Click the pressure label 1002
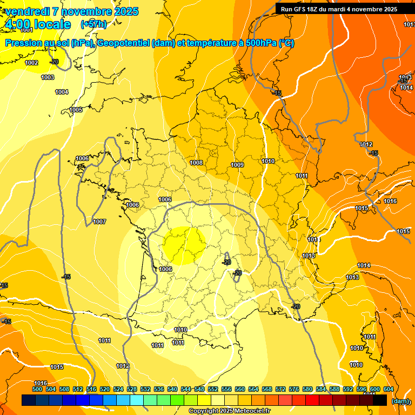point(31,63)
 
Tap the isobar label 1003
point(48,78)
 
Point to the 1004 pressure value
point(62,92)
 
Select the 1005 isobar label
point(76,110)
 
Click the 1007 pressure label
point(99,222)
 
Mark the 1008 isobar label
point(196,163)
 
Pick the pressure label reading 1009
point(237,165)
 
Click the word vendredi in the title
point(27,11)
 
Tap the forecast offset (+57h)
point(93,24)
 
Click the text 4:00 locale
point(38,24)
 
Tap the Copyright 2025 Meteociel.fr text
point(230,411)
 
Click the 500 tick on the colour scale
point(37,389)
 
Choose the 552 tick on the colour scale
point(213,389)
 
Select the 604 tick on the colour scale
point(389,389)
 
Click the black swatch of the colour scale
point(380,400)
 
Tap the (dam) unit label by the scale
point(400,401)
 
